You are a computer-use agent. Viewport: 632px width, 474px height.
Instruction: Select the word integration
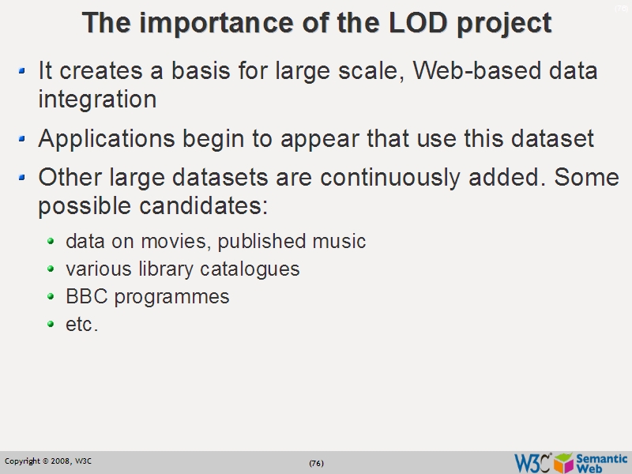point(97,100)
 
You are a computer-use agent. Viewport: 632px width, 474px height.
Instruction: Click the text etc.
point(82,324)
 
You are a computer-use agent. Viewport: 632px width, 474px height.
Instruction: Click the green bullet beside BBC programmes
point(51,296)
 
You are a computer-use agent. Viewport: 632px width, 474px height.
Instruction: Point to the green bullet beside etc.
point(51,324)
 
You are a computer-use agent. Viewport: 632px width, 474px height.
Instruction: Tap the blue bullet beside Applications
point(22,139)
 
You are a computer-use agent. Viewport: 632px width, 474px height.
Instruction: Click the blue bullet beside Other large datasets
point(22,177)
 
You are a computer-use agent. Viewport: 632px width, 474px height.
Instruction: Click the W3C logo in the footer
point(532,462)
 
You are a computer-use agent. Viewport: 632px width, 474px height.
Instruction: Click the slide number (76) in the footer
point(316,463)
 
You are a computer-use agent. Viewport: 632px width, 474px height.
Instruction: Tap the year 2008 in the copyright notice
point(62,461)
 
